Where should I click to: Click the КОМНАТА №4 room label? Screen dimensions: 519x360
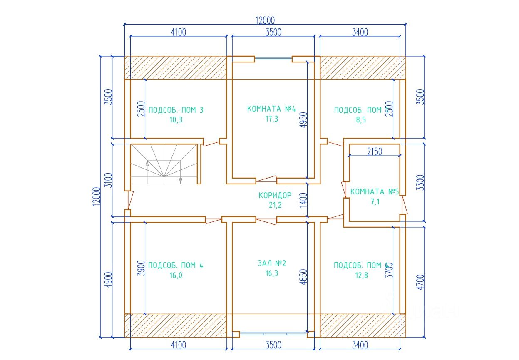tap(271, 109)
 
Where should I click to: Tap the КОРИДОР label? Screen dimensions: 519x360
tap(275, 195)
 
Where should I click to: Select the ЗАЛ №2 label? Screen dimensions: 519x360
tap(272, 263)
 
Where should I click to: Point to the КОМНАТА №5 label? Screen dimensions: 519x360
tap(374, 192)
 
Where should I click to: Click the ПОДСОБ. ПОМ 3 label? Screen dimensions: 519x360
tap(176, 110)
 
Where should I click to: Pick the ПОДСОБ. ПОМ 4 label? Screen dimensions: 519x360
tap(176, 266)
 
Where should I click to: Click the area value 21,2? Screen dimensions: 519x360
tap(275, 204)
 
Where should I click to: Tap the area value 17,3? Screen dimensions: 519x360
tap(271, 119)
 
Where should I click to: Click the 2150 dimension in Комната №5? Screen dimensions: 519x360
tap(374, 151)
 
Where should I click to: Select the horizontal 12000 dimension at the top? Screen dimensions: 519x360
tap(266, 20)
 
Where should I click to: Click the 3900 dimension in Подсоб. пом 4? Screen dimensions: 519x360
tap(141, 268)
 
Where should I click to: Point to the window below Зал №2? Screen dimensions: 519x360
tap(273, 333)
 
